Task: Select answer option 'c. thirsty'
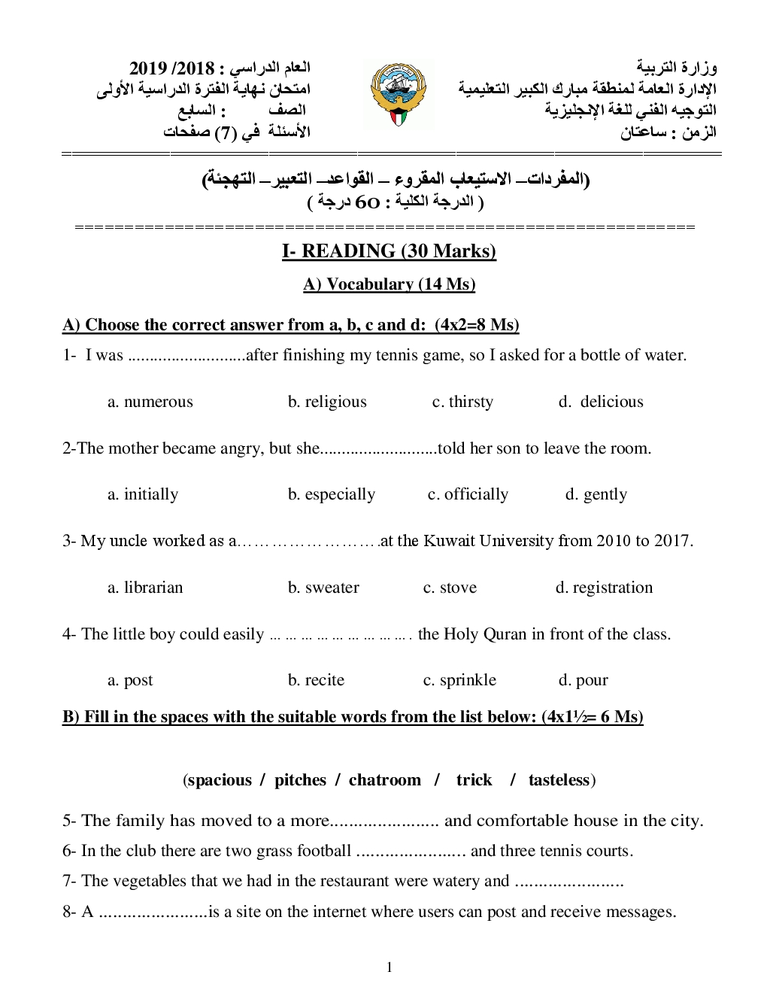(x=462, y=402)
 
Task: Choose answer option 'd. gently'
(x=596, y=494)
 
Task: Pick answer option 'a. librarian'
(x=145, y=588)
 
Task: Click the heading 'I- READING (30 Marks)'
(x=389, y=251)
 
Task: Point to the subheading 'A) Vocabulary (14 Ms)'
(x=389, y=284)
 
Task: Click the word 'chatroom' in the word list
(x=385, y=780)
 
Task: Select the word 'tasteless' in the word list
(x=559, y=780)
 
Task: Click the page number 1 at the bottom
(x=389, y=967)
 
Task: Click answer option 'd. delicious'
(x=601, y=402)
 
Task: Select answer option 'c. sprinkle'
(x=459, y=680)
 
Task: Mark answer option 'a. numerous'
(x=150, y=402)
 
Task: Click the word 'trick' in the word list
(x=474, y=780)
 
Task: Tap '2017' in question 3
(x=673, y=541)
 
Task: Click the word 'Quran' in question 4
(x=507, y=634)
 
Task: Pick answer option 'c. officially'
(x=468, y=494)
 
